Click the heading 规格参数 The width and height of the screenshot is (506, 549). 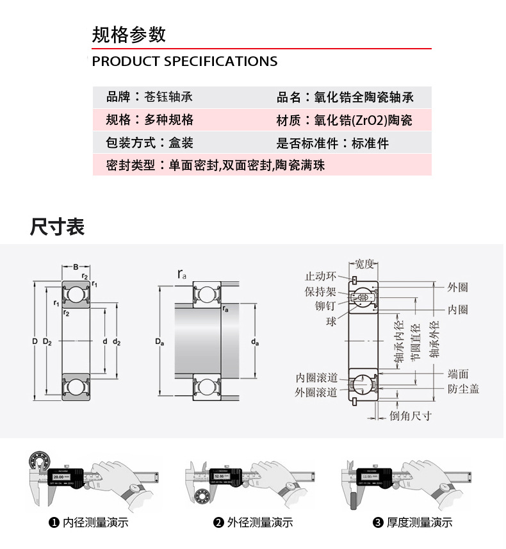[129, 35]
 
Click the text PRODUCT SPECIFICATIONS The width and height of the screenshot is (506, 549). [184, 61]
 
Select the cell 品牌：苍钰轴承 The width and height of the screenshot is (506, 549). [149, 97]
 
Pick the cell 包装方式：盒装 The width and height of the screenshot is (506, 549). [149, 143]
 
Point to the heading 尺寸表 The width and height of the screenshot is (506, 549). [57, 227]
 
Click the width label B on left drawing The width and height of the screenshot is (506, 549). [76, 266]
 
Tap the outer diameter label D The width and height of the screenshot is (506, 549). [35, 341]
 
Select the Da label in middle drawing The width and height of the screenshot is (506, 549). [159, 343]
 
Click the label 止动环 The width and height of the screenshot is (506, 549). [320, 277]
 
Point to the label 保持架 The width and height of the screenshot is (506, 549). [320, 291]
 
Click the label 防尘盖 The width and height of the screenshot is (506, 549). [463, 389]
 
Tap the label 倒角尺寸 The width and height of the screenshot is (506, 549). [411, 416]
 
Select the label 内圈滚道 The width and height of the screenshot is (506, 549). [316, 378]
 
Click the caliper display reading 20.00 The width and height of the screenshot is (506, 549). [59, 477]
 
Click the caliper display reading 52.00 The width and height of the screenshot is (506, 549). [219, 477]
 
